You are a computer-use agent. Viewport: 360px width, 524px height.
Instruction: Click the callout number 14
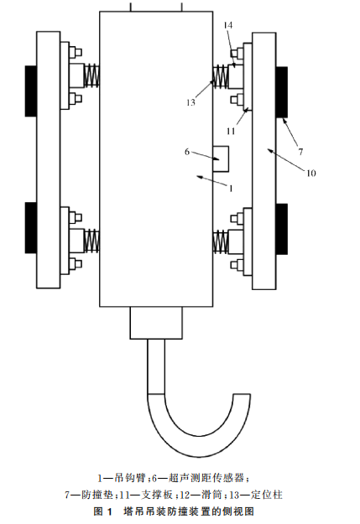(x=228, y=25)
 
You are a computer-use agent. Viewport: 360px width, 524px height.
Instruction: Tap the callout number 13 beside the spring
(x=190, y=102)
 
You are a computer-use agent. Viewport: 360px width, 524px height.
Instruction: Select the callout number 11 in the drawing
(x=231, y=131)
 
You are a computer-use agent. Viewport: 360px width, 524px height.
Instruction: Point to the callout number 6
(x=187, y=152)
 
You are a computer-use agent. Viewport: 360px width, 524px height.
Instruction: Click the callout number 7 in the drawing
(x=300, y=152)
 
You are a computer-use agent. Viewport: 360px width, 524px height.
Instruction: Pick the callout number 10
(x=311, y=173)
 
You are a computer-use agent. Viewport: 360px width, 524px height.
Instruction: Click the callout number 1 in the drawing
(x=231, y=189)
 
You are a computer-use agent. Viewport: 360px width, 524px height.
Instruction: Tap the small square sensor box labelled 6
(x=221, y=159)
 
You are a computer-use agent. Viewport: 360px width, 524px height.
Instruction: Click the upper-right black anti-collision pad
(x=282, y=92)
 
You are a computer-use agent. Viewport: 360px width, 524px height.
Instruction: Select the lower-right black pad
(x=282, y=229)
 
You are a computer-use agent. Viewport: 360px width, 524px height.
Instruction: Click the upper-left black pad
(x=31, y=91)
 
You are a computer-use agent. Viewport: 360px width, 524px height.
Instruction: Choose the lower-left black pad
(x=31, y=227)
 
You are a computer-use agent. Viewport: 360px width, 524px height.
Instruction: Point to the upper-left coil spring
(x=91, y=75)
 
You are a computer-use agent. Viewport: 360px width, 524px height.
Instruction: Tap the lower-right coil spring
(x=221, y=241)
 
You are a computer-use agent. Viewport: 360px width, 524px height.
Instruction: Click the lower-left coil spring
(x=91, y=241)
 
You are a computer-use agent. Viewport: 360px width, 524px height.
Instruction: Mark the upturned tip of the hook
(x=242, y=395)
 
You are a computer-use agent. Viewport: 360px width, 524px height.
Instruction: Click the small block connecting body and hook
(x=156, y=323)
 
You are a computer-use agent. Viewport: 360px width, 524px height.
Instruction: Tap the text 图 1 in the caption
(x=102, y=511)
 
